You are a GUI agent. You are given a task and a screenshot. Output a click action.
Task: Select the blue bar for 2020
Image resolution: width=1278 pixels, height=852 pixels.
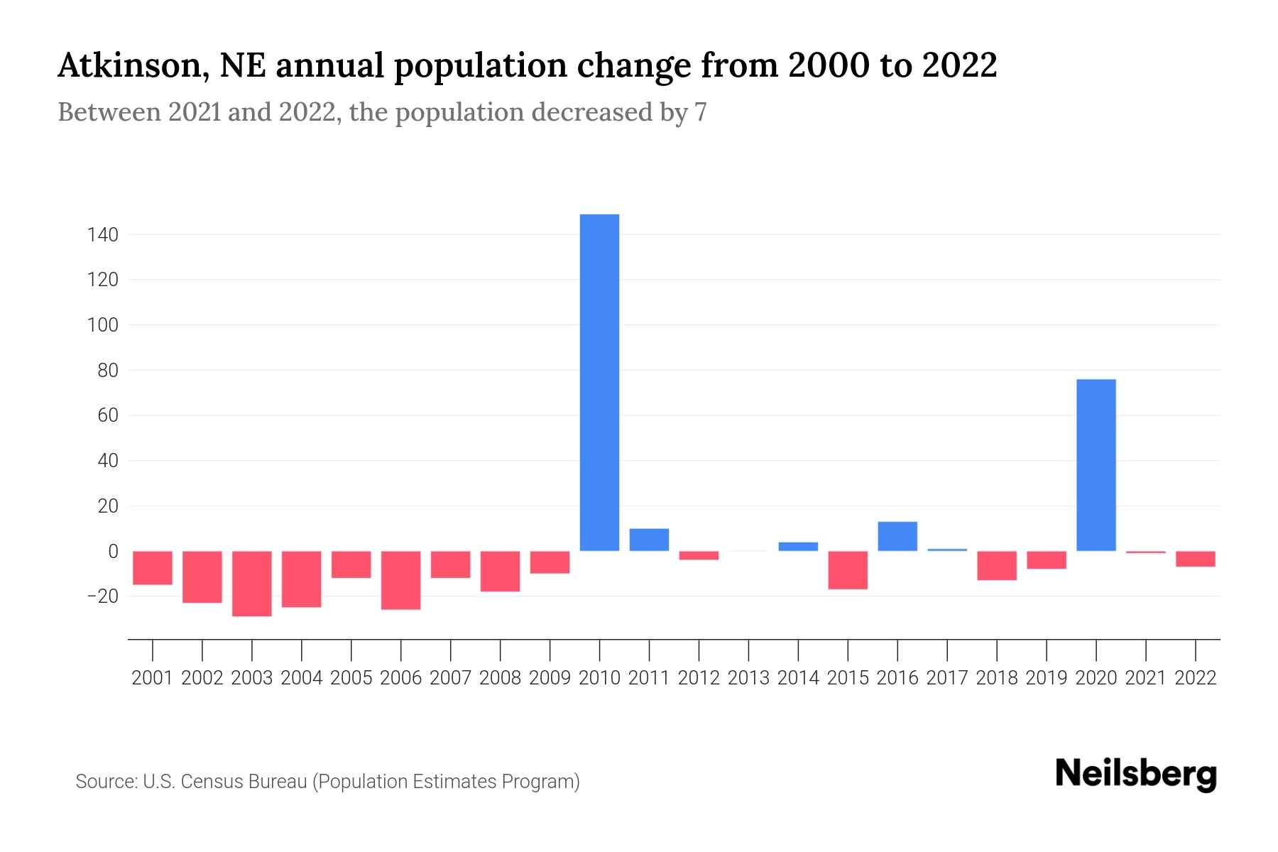coord(1096,465)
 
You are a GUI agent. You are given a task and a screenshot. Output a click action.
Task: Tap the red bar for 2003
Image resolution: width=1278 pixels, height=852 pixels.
coord(252,584)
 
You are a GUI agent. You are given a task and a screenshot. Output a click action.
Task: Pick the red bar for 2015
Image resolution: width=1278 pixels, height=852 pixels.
coord(848,570)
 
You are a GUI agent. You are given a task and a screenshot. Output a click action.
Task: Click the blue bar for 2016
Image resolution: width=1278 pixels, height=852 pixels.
coord(897,537)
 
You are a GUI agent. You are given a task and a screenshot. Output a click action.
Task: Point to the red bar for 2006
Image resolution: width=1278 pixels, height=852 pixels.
coord(401,580)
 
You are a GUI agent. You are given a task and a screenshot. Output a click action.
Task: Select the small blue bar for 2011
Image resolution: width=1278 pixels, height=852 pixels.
coord(649,540)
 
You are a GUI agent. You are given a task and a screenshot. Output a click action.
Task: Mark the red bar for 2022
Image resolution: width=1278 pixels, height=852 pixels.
coord(1196,559)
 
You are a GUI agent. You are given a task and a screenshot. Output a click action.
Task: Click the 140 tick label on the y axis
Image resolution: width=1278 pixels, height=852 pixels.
coord(103,234)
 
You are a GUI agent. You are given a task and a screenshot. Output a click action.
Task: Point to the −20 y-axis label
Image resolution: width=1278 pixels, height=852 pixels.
coord(102,596)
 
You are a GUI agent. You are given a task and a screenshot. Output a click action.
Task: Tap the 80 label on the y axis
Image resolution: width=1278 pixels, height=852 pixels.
coord(108,370)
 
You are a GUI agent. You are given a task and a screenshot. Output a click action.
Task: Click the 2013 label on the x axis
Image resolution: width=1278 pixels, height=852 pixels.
coord(748,678)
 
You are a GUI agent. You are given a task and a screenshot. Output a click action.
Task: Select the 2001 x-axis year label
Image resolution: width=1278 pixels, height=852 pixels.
coord(153,678)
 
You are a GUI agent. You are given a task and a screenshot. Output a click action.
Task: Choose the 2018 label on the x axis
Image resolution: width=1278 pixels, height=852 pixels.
coord(997,678)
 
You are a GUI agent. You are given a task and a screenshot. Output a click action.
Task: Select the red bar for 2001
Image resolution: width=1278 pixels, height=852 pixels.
coord(153,568)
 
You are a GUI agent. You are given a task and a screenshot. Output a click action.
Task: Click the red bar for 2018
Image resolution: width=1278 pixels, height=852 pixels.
coord(997,566)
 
